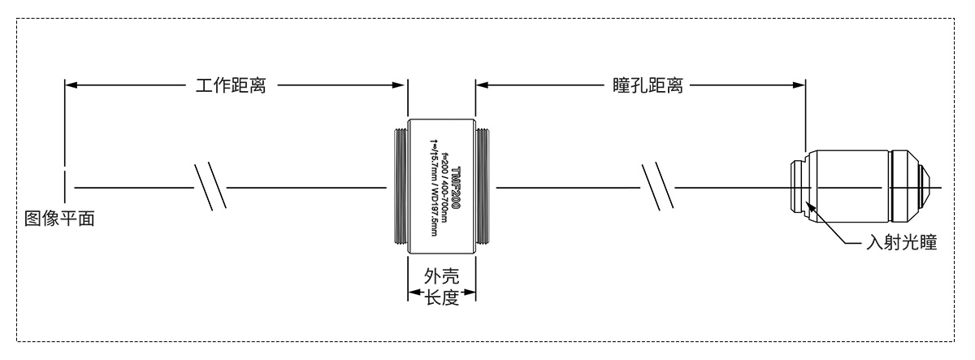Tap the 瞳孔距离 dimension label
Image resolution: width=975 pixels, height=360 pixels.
(646, 85)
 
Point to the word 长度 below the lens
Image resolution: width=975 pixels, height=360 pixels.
(443, 297)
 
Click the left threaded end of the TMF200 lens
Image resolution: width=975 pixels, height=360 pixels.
(397, 188)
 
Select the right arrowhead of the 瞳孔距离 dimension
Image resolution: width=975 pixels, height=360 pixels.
(799, 84)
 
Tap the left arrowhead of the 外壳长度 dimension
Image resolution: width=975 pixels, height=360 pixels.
(413, 293)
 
